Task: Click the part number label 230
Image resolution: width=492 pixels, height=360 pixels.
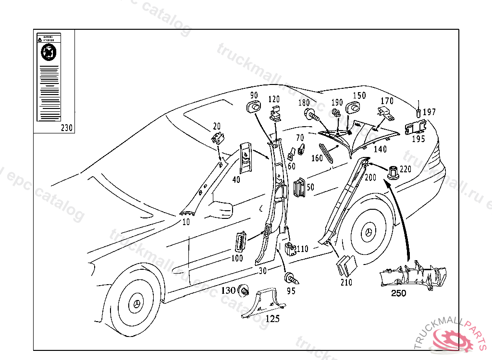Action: pyautogui.click(x=67, y=128)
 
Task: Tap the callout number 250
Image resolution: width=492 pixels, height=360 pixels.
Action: pyautogui.click(x=398, y=293)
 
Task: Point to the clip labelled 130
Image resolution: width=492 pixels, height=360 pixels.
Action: pyautogui.click(x=244, y=290)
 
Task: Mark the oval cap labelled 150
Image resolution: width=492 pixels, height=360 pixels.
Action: pyautogui.click(x=356, y=107)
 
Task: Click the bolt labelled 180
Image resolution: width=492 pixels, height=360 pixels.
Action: pyautogui.click(x=311, y=115)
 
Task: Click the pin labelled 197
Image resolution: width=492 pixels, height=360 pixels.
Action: pyautogui.click(x=418, y=112)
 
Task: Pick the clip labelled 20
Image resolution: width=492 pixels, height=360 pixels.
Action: pyautogui.click(x=219, y=138)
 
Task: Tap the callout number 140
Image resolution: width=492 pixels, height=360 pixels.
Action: pyautogui.click(x=380, y=149)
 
